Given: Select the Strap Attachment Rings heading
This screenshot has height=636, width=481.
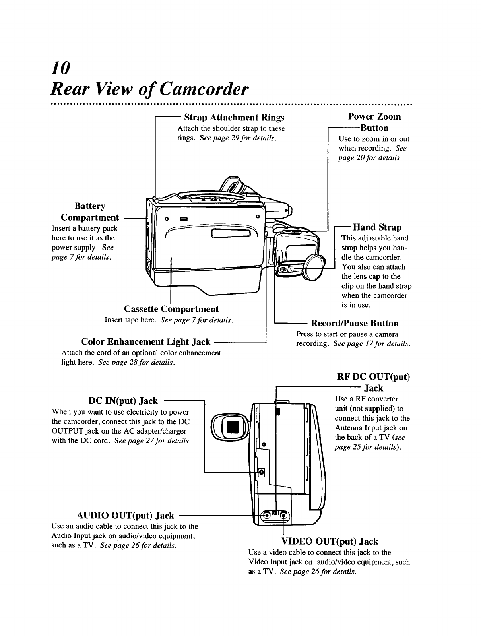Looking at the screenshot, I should tap(234, 118).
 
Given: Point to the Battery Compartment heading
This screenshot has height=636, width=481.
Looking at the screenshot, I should tap(90, 212).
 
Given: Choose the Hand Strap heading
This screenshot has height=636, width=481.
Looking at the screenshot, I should tap(377, 227).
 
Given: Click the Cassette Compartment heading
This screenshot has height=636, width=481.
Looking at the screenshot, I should tap(171, 309).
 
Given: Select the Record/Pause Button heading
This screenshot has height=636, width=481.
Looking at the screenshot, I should tap(354, 323).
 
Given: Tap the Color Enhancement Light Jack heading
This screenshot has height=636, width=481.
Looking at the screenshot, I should tap(145, 342).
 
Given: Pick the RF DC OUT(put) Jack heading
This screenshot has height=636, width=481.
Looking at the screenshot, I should tap(373, 382).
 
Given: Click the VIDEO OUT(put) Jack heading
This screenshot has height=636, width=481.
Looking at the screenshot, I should tap(330, 541).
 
